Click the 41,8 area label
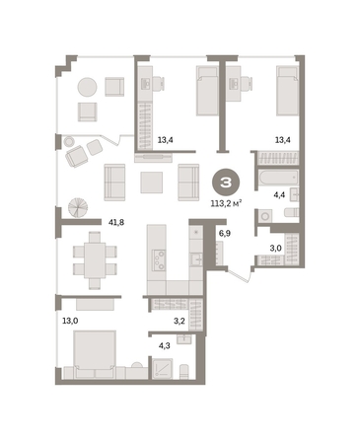pyautogui.click(x=116, y=223)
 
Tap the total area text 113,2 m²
pyautogui.click(x=227, y=203)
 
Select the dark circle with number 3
pyautogui.click(x=226, y=183)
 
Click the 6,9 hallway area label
pyautogui.click(x=225, y=234)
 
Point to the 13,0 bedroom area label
pyautogui.click(x=70, y=321)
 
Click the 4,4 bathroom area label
pyautogui.click(x=279, y=195)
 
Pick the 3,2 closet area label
pyautogui.click(x=179, y=321)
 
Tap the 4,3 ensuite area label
pyautogui.click(x=165, y=345)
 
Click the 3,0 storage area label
pyautogui.click(x=275, y=248)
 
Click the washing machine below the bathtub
pyautogui.click(x=264, y=216)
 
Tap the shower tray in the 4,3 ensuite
pyautogui.click(x=163, y=369)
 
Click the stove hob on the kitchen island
pyautogui.click(x=159, y=259)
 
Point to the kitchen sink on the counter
pyautogui.click(x=197, y=259)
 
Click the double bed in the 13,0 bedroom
pyautogui.click(x=95, y=354)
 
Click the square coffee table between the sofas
pyautogui.click(x=151, y=183)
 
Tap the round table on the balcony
pyautogui.click(x=87, y=87)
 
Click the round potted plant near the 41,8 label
pyautogui.click(x=78, y=208)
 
